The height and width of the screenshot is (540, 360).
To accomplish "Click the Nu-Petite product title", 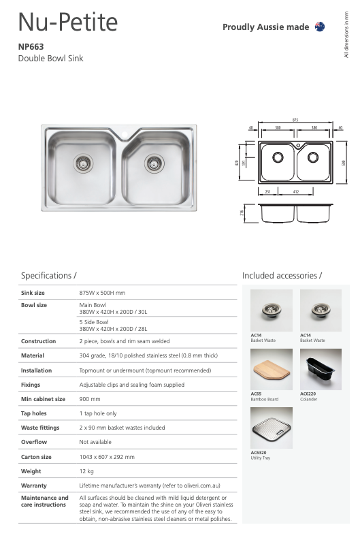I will pos(67,22).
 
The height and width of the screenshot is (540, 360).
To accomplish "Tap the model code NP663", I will pos(31,48).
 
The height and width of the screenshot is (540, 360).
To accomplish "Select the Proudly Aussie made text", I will pos(265,27).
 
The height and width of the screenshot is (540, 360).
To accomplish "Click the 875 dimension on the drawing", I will pos(295,121).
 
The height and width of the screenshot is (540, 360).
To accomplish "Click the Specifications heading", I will pos(49,276).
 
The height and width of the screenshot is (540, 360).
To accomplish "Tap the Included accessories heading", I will pos(282,276).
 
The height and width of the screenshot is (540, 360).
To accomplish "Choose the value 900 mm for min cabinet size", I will pos(90,398).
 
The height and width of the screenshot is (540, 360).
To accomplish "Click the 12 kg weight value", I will pos(86,471).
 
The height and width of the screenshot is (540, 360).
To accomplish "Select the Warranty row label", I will pos(34,486).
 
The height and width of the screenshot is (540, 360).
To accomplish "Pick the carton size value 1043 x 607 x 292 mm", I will pos(107,456).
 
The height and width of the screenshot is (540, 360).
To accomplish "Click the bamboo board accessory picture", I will pos(272,369).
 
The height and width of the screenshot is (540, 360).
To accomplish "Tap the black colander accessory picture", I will pos(321,369).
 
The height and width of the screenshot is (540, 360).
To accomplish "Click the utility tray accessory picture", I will pos(272,428).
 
